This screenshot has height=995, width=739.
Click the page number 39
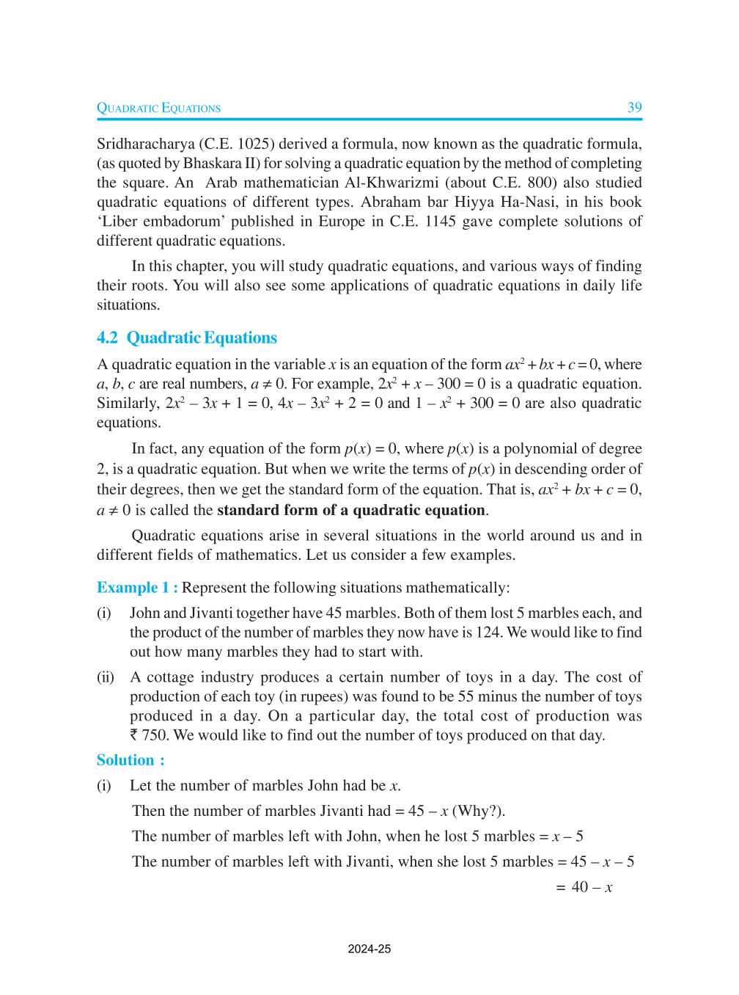pos(634,107)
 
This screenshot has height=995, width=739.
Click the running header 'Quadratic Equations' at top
pos(158,108)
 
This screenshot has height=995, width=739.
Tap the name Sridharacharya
pos(145,144)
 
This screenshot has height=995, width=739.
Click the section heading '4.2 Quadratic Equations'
pos(187,338)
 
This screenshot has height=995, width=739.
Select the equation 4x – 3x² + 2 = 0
pos(330,403)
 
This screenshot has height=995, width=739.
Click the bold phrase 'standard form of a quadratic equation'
pos(351,510)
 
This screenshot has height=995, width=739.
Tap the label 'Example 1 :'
pos(137,588)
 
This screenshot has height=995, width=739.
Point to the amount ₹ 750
pos(149,735)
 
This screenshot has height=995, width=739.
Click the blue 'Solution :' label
pos(130,760)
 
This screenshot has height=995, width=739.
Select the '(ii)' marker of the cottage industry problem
pos(106,677)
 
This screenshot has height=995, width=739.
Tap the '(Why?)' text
pos(478,811)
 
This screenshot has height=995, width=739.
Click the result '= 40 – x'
pos(584,887)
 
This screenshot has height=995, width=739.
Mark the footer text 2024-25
pos(369,949)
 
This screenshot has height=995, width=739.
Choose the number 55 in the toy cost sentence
pos(466,696)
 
